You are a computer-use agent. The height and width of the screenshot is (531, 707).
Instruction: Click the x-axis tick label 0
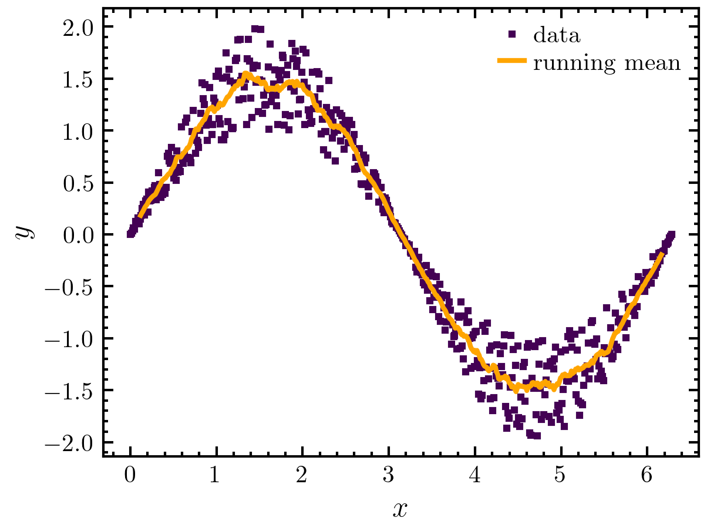point(130,476)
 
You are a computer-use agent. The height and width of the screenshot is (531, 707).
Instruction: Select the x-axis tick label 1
point(216,476)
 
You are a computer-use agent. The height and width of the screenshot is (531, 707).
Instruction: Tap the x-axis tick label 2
point(302,476)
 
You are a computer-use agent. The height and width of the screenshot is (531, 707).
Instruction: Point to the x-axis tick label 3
point(389,476)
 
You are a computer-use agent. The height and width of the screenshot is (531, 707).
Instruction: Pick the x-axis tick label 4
point(475,476)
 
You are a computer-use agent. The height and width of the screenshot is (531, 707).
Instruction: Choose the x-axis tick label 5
point(561,476)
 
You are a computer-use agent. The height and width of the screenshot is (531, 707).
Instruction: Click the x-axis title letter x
point(399,509)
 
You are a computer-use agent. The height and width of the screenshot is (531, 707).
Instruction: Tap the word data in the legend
point(557,36)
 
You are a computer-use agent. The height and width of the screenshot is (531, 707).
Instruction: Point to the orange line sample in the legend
point(512,61)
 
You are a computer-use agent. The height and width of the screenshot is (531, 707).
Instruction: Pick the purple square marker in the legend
point(512,35)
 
